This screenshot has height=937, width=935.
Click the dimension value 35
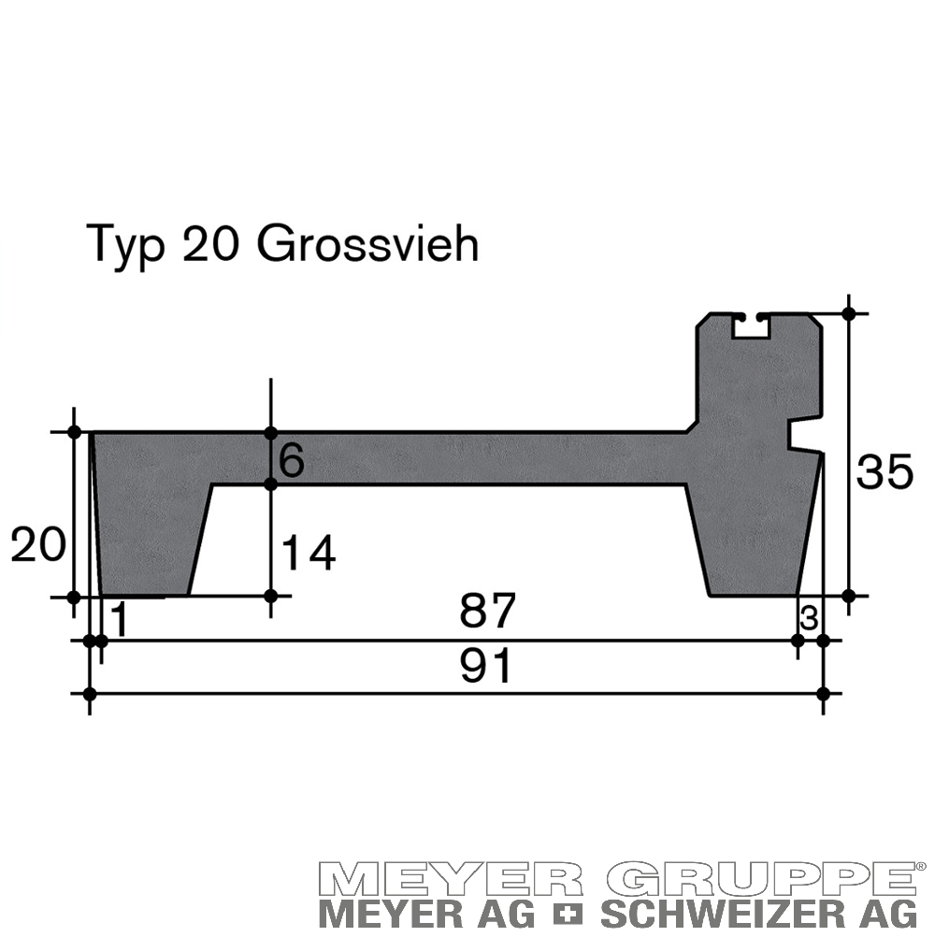pyautogui.click(x=885, y=471)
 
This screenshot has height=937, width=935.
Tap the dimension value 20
pyautogui.click(x=38, y=545)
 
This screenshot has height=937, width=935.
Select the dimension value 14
pyautogui.click(x=309, y=554)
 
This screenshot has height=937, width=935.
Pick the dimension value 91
pyautogui.click(x=486, y=666)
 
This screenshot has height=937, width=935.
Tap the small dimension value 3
pyautogui.click(x=809, y=619)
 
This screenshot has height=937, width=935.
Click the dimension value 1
pyautogui.click(x=120, y=620)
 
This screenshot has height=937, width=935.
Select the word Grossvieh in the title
pyautogui.click(x=367, y=244)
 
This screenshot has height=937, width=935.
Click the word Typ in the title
pyautogui.click(x=125, y=246)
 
